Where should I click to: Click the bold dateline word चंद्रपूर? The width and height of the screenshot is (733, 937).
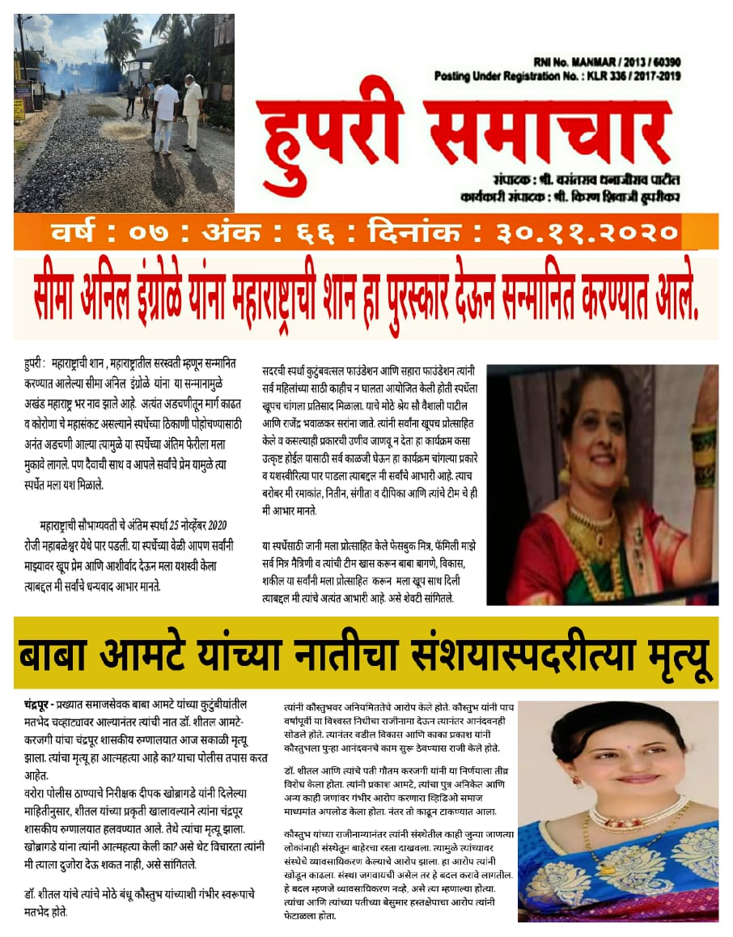coord(41,706)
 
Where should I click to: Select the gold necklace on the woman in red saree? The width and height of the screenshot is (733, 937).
coord(597,534)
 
